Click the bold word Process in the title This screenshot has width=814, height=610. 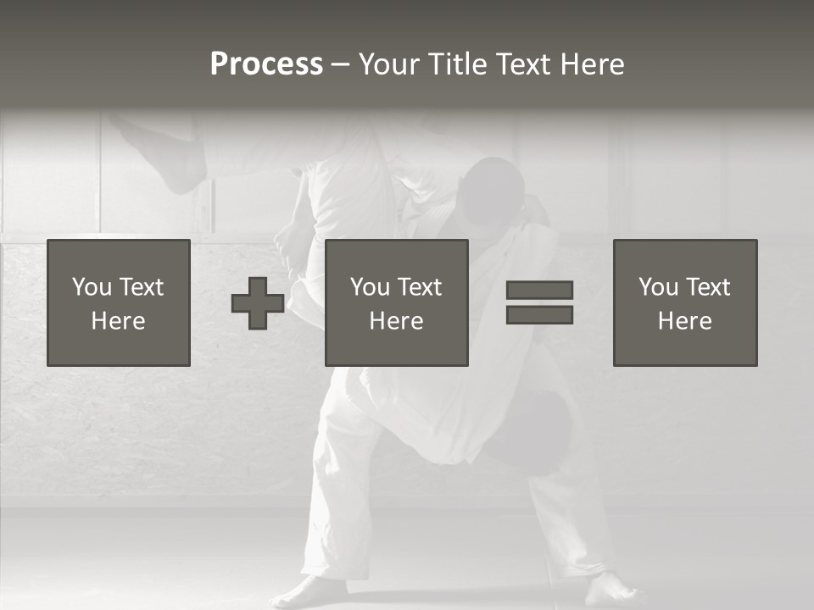[x=266, y=64]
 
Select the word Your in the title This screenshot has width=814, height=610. [x=387, y=64]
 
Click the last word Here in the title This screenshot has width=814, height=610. [x=591, y=64]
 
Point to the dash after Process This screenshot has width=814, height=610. [x=340, y=65]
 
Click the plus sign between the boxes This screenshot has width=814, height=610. [x=258, y=303]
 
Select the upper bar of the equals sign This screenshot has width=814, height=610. [x=539, y=290]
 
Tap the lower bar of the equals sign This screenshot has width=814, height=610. [x=539, y=315]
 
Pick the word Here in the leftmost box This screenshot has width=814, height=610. [x=118, y=321]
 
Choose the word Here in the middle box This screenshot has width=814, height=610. [x=396, y=321]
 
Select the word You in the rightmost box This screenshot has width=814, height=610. [x=658, y=287]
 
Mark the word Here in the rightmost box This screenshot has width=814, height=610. [x=684, y=321]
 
